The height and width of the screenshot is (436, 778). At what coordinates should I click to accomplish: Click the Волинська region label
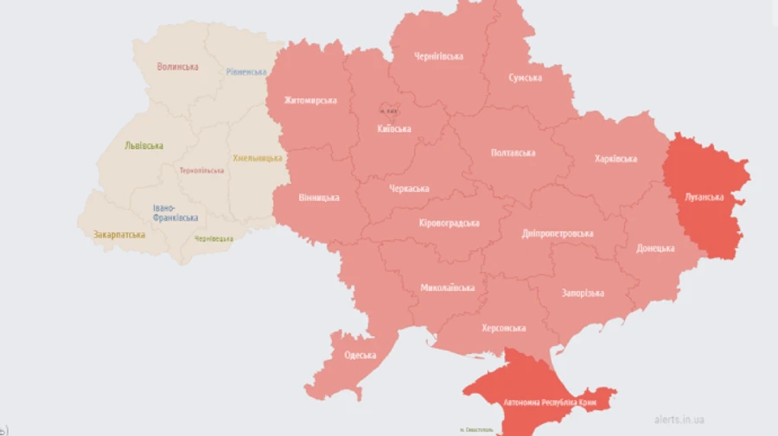point(177,66)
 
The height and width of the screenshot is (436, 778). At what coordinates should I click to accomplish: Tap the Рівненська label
point(246,72)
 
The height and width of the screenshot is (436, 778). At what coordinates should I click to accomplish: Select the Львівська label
point(143,145)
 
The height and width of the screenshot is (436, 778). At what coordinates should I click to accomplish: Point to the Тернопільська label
point(201,170)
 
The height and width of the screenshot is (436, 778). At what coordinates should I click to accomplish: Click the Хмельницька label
point(258,158)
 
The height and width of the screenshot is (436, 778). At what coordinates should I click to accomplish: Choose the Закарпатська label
point(118,234)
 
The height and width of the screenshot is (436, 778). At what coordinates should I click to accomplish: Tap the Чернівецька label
point(214,238)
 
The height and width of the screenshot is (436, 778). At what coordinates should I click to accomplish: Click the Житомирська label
point(310,100)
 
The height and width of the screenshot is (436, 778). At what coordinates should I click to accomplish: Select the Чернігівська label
point(438,56)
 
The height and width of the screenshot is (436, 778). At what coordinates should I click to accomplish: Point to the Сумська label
point(526,78)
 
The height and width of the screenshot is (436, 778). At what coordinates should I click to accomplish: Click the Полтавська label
point(513,153)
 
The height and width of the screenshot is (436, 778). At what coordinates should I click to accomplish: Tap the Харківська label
point(615,159)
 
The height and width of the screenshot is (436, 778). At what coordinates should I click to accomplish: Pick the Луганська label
point(704,197)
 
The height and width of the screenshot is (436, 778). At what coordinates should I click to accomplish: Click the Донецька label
point(655,248)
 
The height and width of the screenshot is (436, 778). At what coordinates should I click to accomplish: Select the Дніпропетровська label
point(558,234)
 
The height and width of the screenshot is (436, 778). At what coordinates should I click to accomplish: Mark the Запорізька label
point(583,294)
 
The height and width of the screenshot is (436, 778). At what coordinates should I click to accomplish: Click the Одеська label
point(360,355)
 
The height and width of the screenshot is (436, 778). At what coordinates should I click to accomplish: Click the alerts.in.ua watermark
point(679,420)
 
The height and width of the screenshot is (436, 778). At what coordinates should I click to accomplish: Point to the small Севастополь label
point(477,429)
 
